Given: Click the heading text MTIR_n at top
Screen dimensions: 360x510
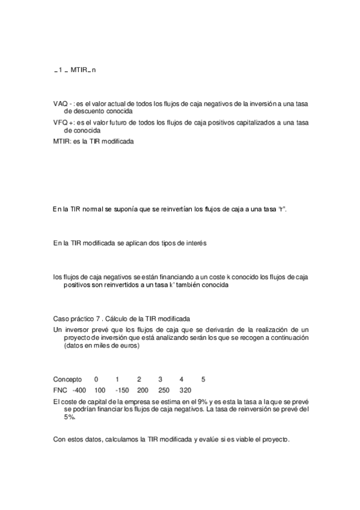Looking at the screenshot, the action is pyautogui.click(x=83, y=70).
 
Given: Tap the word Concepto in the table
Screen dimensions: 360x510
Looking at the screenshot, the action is pyautogui.click(x=67, y=379).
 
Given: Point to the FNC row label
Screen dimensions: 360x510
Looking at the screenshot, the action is pyautogui.click(x=60, y=390).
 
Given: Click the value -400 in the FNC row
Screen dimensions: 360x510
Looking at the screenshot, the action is pyautogui.click(x=79, y=390).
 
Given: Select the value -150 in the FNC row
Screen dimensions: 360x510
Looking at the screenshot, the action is pyautogui.click(x=122, y=390).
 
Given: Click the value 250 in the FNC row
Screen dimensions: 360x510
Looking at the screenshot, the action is pyautogui.click(x=163, y=390).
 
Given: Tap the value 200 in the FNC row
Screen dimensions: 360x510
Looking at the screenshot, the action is pyautogui.click(x=142, y=390).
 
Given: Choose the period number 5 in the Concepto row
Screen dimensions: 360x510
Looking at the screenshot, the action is pyautogui.click(x=203, y=379).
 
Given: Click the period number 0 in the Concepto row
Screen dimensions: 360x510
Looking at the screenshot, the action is pyautogui.click(x=96, y=379).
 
